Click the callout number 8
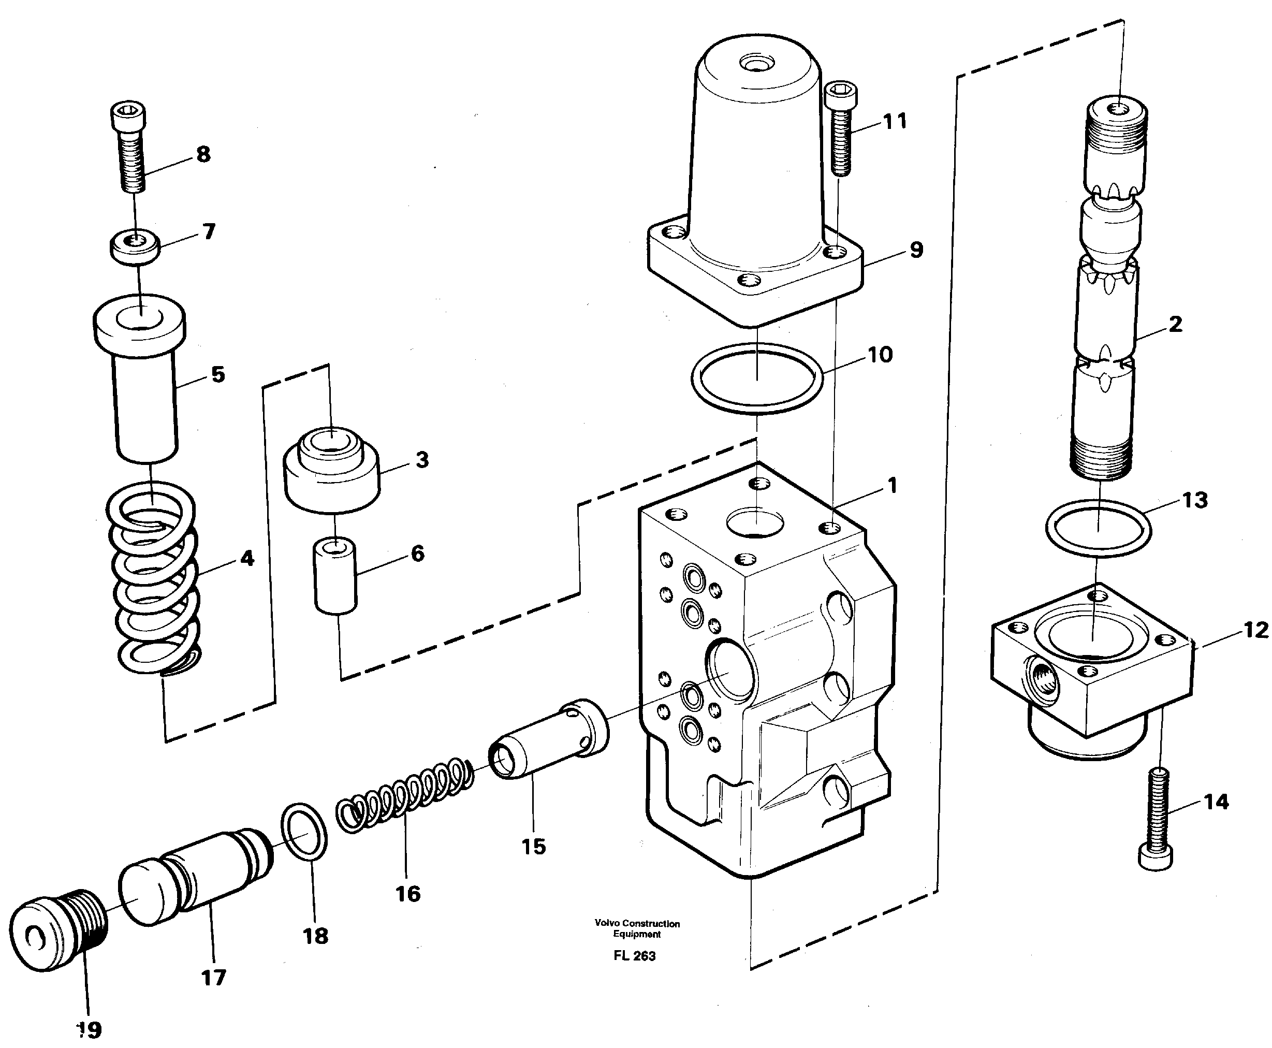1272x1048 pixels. [x=203, y=154]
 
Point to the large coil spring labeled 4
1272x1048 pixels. [x=154, y=579]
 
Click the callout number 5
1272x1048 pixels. [x=218, y=374]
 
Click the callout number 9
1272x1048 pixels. [x=916, y=250]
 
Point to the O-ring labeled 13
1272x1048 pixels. [x=1098, y=528]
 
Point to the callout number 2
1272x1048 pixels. [x=1175, y=324]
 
